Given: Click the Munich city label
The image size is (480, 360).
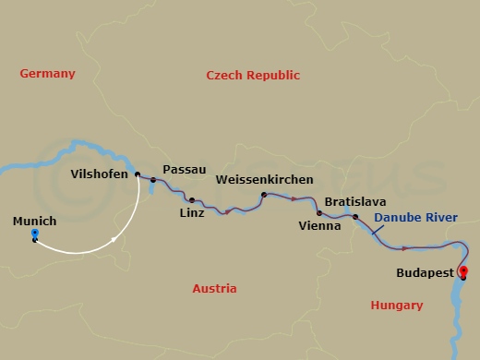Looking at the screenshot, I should pos(35,222).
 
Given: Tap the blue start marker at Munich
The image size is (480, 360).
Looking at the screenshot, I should pos(34,235).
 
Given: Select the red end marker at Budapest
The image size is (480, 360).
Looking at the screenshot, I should pos(462,270).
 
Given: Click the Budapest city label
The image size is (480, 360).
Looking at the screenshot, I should pos(423,273).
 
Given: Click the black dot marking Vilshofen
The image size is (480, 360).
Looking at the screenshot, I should pos(137,174).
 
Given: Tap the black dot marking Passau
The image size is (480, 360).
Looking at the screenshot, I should pos(153,180).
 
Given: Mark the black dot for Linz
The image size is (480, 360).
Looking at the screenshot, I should pos(191,200).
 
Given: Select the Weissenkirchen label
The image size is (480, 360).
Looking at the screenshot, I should pos(264,179).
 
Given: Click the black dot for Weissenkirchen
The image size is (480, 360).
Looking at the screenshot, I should pos(264,195).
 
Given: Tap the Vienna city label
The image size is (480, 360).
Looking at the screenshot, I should pos(320,224).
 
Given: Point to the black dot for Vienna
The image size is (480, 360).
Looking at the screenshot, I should pos(319,212).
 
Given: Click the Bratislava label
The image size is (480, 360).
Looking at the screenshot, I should pos(355,200).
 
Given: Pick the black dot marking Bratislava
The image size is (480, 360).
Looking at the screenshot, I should pos(355,217).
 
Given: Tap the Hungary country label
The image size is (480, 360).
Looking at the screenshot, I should pos(397,305).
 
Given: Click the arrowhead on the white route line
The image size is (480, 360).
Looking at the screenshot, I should pos(114,240).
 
